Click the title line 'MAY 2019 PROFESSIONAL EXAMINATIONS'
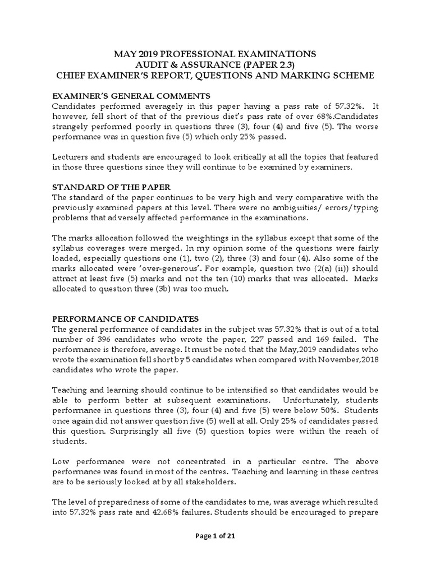pyautogui.click(x=215, y=54)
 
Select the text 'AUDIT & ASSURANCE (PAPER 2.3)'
pyautogui.click(x=215, y=64)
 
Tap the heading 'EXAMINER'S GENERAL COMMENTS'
pyautogui.click(x=131, y=95)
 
